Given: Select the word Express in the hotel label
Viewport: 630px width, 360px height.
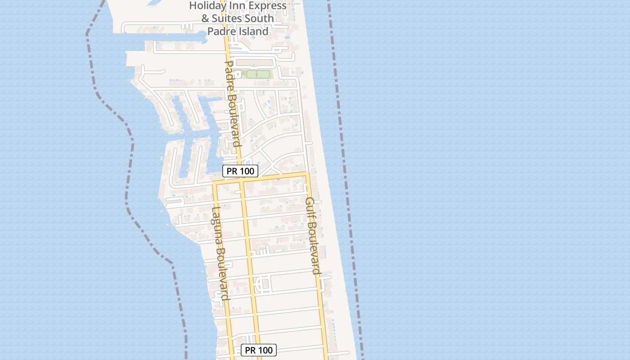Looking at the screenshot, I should point(268,6).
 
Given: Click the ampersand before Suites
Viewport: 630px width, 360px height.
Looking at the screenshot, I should point(205,19).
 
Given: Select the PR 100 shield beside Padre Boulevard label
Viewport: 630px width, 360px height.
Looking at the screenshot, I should point(240,171).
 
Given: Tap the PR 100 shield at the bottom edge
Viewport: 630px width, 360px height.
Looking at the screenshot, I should point(259,350).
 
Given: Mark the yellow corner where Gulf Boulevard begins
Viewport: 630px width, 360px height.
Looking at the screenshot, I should point(307,173).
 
